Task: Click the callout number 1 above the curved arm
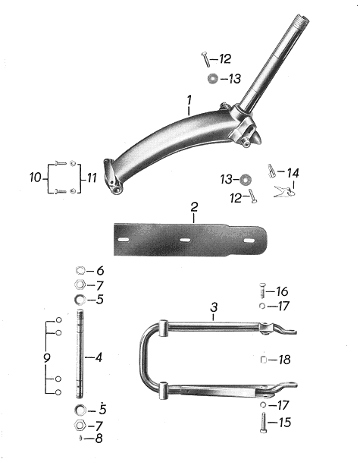pos(189,100)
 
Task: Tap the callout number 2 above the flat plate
pos(194,207)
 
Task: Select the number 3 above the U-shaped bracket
pos(214,307)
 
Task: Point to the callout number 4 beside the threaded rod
pos(99,357)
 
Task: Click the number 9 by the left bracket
pos(47,357)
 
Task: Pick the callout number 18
pos(284,360)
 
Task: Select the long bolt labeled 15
pos(263,423)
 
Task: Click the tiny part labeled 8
pos(80,439)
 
